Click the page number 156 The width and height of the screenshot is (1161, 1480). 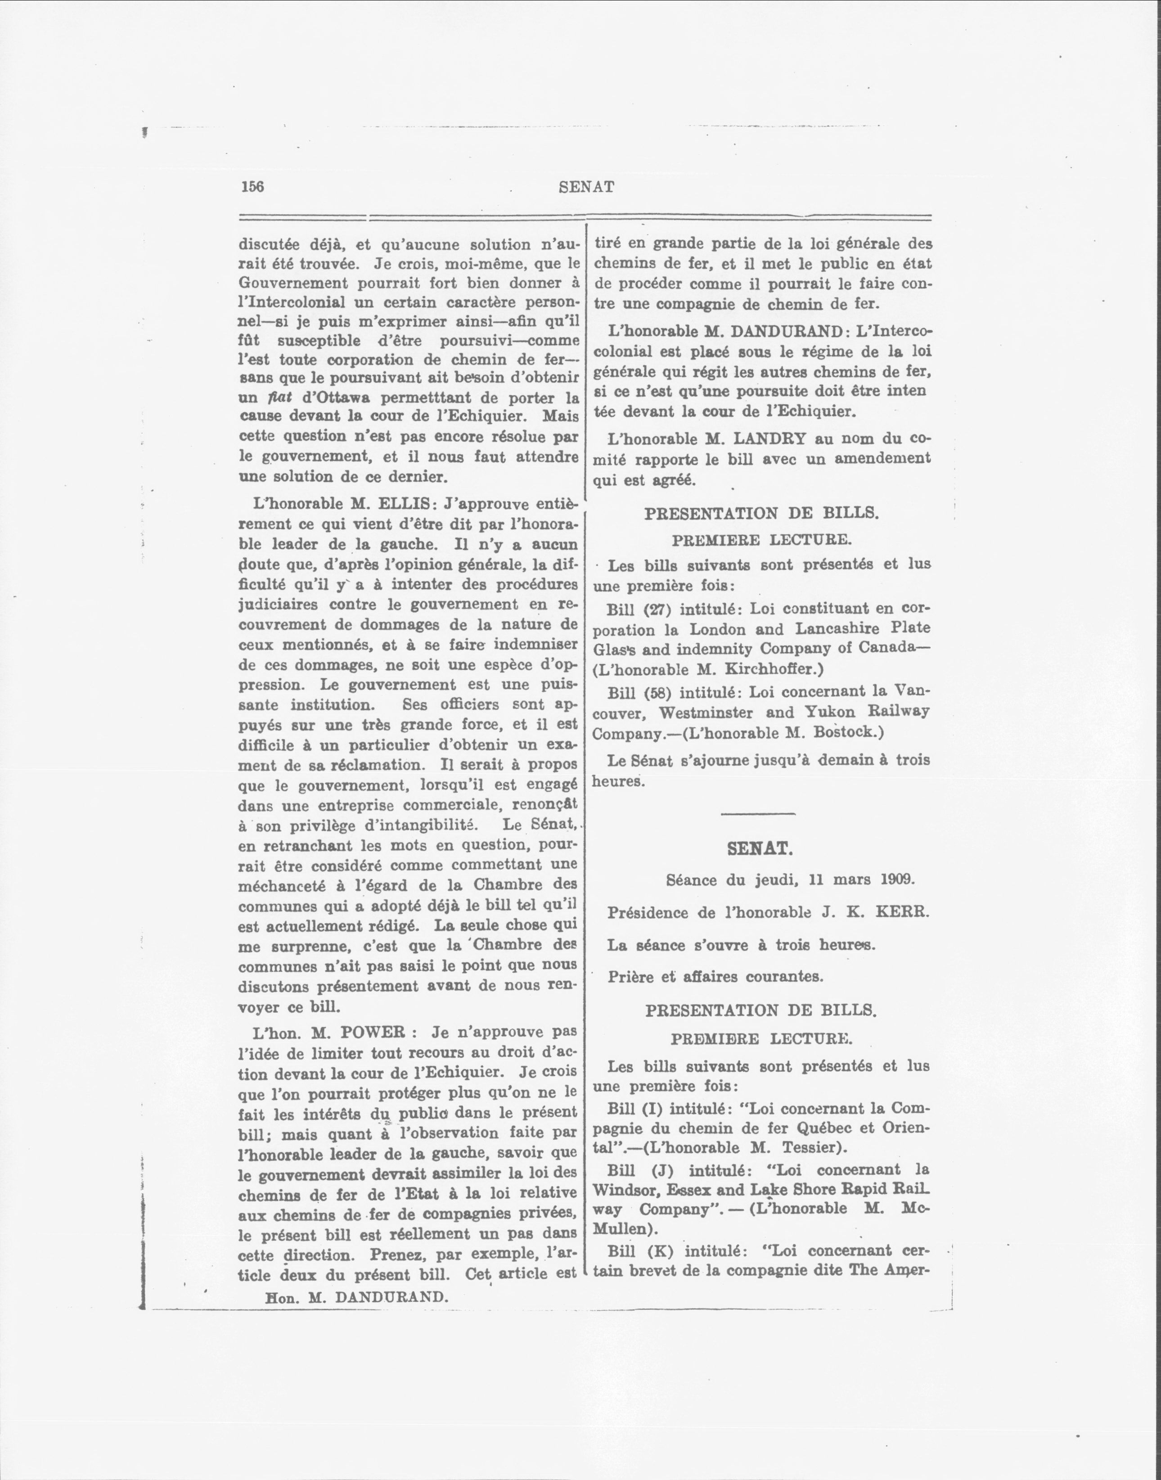(252, 187)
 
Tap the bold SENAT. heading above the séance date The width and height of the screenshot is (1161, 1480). (759, 848)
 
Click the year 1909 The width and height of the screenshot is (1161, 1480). (897, 880)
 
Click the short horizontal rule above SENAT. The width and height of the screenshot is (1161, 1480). (757, 814)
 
